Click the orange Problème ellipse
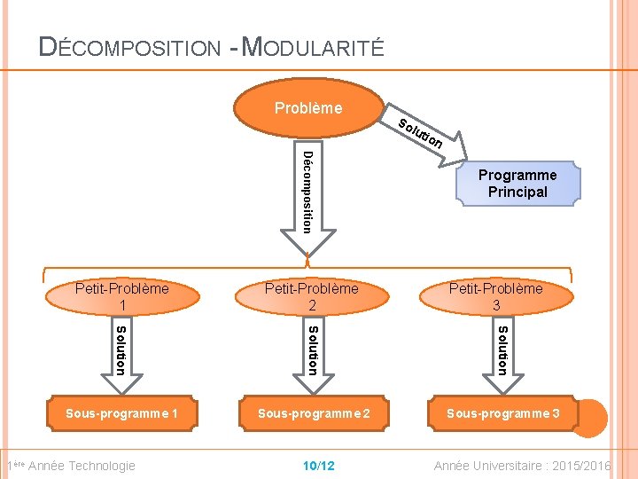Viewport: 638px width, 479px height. point(307,109)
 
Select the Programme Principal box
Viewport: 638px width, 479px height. point(517,184)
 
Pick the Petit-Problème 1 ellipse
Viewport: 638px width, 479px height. point(121,296)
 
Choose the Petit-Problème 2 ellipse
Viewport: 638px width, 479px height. point(312,296)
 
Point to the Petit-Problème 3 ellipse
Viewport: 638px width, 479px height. point(495,296)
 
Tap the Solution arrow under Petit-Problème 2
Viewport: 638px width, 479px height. point(312,353)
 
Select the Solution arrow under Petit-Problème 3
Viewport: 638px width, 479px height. point(502,353)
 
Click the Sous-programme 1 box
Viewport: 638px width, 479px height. point(121,413)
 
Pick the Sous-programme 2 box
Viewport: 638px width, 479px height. point(312,413)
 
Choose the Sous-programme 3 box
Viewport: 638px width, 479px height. point(502,413)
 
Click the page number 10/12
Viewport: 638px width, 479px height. point(318,466)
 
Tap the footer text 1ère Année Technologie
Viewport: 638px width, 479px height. point(71,466)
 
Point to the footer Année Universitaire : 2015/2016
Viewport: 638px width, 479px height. point(522,466)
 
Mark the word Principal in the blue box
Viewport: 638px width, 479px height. point(517,192)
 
